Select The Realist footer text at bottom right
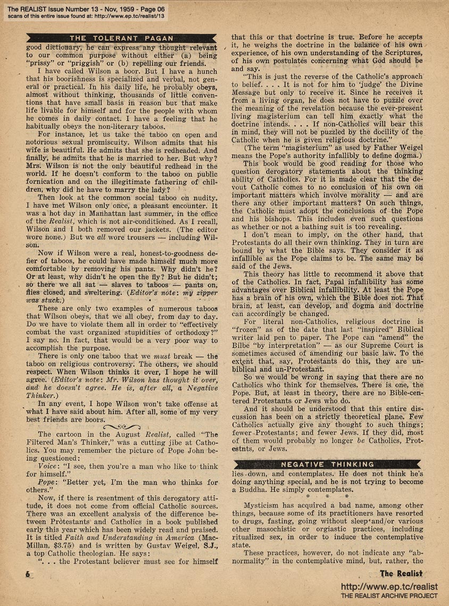(401, 574)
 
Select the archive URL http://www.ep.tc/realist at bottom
(389, 586)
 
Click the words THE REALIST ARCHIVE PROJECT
(389, 596)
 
